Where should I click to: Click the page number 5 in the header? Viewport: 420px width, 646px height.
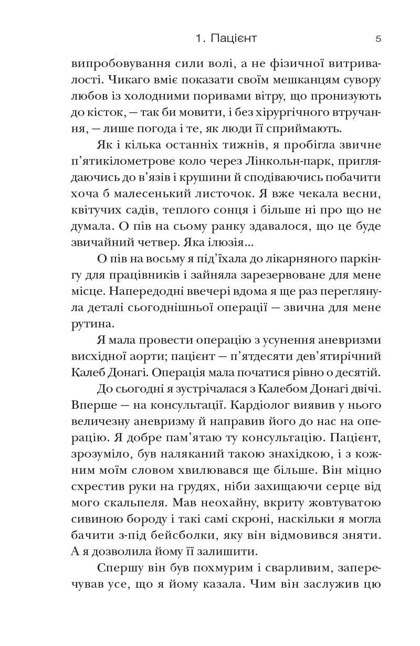[x=379, y=39]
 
